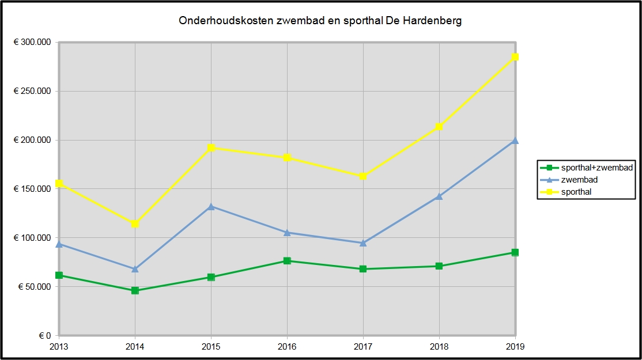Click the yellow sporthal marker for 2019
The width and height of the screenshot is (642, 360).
coord(515,57)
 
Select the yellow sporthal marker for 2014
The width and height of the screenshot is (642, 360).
coord(135,223)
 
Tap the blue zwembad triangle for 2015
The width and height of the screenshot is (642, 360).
coord(211,206)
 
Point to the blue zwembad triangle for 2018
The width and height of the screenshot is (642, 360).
coord(439,196)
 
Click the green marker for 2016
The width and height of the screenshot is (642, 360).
coord(287,261)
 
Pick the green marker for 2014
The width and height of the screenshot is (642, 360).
coord(135,290)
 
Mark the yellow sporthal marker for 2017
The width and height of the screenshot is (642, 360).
coord(363,176)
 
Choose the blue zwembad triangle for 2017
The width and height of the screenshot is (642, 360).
coord(363,243)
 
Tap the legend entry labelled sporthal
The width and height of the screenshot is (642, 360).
coord(576,192)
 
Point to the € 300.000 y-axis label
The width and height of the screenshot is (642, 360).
coord(32,43)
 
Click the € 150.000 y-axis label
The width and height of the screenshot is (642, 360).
coord(32,189)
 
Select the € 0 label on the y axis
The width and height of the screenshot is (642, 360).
coord(45,336)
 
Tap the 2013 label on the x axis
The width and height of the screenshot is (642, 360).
coord(59,347)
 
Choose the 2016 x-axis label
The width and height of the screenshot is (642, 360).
coord(287,347)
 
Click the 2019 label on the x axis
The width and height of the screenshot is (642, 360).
coord(515,347)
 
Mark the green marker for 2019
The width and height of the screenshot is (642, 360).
coord(515,252)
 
